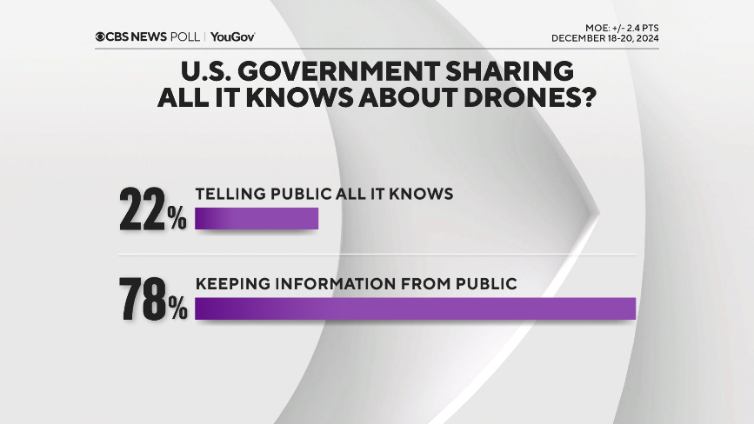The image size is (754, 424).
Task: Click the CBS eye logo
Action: pos(101,36)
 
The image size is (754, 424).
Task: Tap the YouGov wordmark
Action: pos(232,36)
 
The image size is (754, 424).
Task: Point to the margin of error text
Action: pos(621,28)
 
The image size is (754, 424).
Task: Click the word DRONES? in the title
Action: pos(530,97)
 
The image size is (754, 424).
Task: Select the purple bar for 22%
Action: pos(257,218)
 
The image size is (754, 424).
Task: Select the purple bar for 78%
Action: pos(415,308)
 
